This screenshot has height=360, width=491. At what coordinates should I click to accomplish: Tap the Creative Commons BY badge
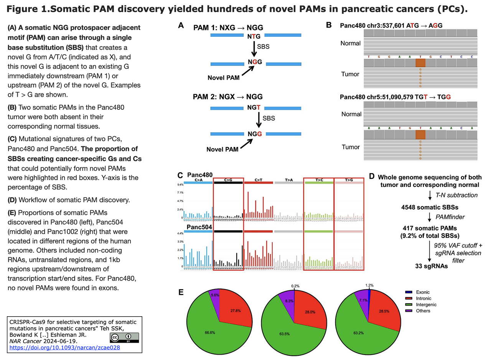pyautogui.click(x=124, y=337)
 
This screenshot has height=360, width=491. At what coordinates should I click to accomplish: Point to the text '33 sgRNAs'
pyautogui.click(x=431, y=266)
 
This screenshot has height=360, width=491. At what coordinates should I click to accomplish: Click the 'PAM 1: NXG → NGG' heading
pyautogui.click(x=228, y=28)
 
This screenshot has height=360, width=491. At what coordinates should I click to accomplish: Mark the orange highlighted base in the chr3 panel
pyautogui.click(x=420, y=63)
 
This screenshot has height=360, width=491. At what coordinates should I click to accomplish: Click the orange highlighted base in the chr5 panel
pyautogui.click(x=420, y=134)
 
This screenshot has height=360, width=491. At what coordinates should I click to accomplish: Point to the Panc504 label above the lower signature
pyautogui.click(x=199, y=227)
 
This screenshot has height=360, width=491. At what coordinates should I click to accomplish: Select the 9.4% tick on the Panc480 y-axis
pyautogui.click(x=180, y=184)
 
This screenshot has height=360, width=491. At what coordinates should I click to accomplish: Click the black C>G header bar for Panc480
pyautogui.click(x=229, y=183)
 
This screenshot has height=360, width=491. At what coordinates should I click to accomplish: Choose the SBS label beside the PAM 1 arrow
pyautogui.click(x=263, y=46)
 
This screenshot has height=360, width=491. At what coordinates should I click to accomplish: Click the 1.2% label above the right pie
pyautogui.click(x=369, y=285)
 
